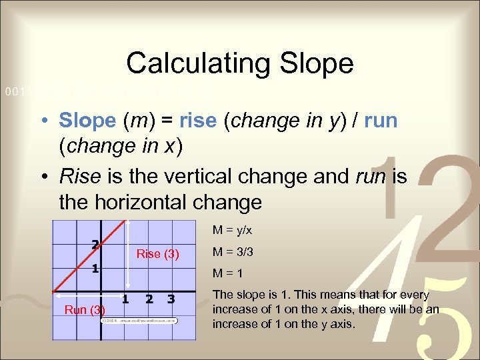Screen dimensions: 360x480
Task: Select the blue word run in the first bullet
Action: [381, 121]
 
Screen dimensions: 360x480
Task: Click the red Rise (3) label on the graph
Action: [157, 253]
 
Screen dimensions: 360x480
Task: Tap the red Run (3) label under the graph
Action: [85, 310]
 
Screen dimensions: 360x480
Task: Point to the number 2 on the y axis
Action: [96, 244]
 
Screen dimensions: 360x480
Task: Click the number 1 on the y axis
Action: [96, 269]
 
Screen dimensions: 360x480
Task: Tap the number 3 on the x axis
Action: [171, 299]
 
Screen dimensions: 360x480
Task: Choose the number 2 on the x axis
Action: [149, 299]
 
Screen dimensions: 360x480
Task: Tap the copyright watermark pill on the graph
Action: [140, 320]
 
